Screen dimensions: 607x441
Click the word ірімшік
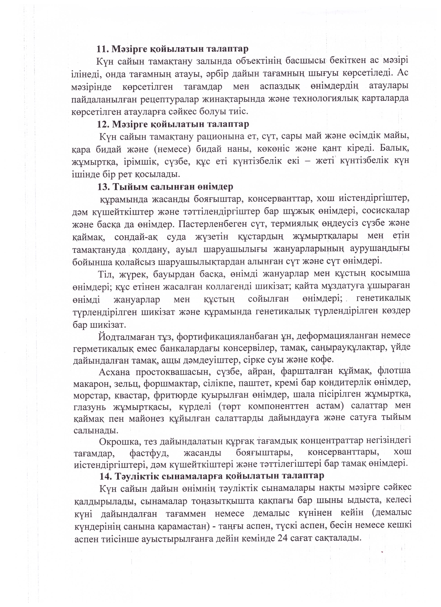(138, 162)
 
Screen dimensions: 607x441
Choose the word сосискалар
(386, 211)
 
